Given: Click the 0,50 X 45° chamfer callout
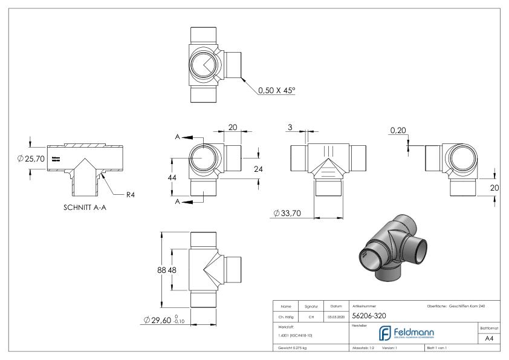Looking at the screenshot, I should pyautogui.click(x=276, y=90).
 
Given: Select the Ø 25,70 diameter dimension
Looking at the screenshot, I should pyautogui.click(x=32, y=159).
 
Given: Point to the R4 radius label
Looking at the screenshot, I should pyautogui.click(x=130, y=194).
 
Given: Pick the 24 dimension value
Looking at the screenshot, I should pyautogui.click(x=258, y=169).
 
